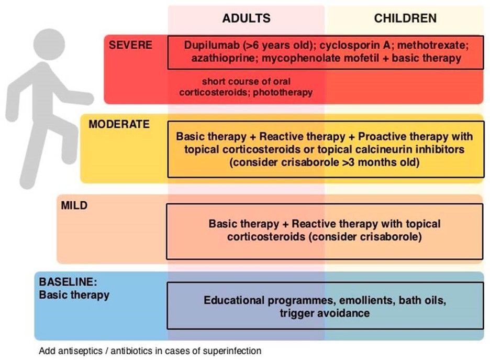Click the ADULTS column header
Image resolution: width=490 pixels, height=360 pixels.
(x=246, y=18)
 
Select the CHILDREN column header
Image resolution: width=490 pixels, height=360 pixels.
(x=405, y=18)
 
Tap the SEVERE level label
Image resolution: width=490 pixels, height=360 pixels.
(x=130, y=45)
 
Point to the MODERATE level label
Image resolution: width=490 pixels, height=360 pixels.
(x=119, y=124)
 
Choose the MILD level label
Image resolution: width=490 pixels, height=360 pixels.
(x=74, y=205)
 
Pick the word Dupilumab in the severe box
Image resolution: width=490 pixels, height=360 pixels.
(x=209, y=45)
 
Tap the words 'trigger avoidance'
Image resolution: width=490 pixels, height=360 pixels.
(x=325, y=313)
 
